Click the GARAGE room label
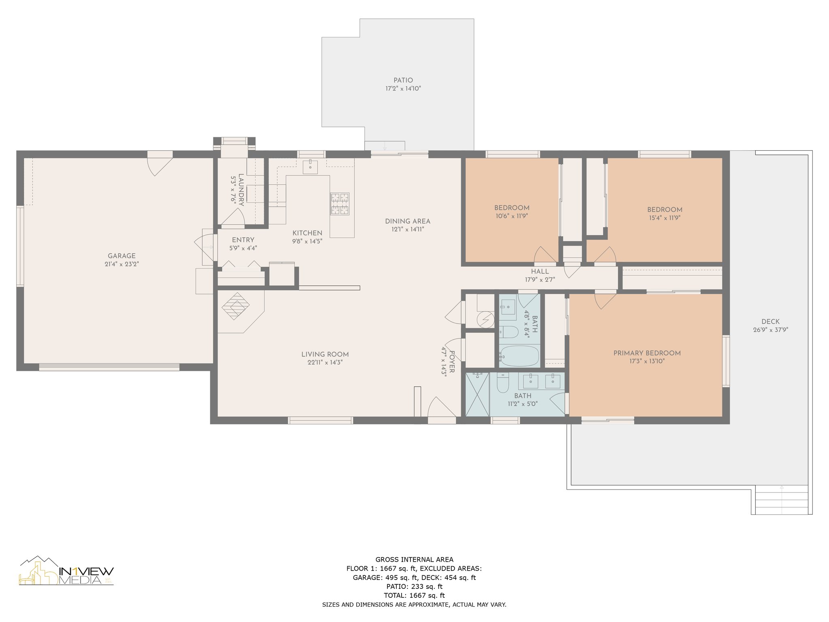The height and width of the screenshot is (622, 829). [x=121, y=256]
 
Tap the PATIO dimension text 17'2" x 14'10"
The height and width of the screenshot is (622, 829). [x=403, y=88]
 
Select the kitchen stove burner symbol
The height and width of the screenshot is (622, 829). [x=340, y=204]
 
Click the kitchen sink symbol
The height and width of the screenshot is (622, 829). [x=310, y=167]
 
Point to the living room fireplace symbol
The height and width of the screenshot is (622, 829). [x=236, y=306]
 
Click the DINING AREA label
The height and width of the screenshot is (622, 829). [x=408, y=221]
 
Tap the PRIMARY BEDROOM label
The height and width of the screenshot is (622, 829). [x=647, y=353]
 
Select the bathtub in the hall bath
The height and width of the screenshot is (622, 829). [x=519, y=356]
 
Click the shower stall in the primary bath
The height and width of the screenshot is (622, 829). [x=478, y=394]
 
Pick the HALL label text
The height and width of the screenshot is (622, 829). [x=540, y=271]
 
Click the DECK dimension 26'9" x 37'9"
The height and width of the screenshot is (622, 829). [x=770, y=330]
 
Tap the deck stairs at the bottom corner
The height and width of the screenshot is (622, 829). [x=782, y=500]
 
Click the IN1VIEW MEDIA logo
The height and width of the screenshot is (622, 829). [x=67, y=571]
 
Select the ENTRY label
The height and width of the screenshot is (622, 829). [x=243, y=240]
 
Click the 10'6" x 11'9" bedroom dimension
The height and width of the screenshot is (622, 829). [x=512, y=216]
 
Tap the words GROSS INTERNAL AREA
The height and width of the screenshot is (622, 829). [x=414, y=560]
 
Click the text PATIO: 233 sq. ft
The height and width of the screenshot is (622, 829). [x=414, y=586]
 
